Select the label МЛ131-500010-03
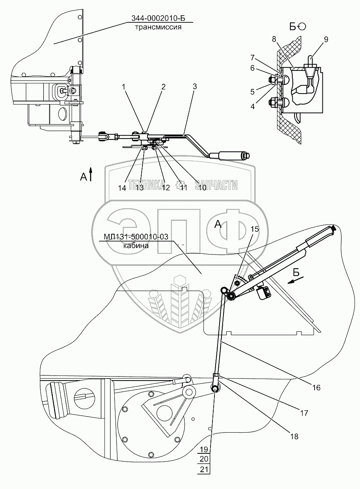136,237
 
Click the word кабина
136,246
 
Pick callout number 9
326,40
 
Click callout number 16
316,388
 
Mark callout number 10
202,188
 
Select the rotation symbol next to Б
302,26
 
